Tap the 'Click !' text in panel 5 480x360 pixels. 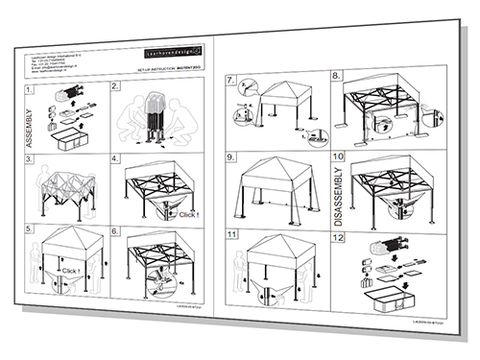coord(70,271)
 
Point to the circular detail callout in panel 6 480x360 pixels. coord(158,281)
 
